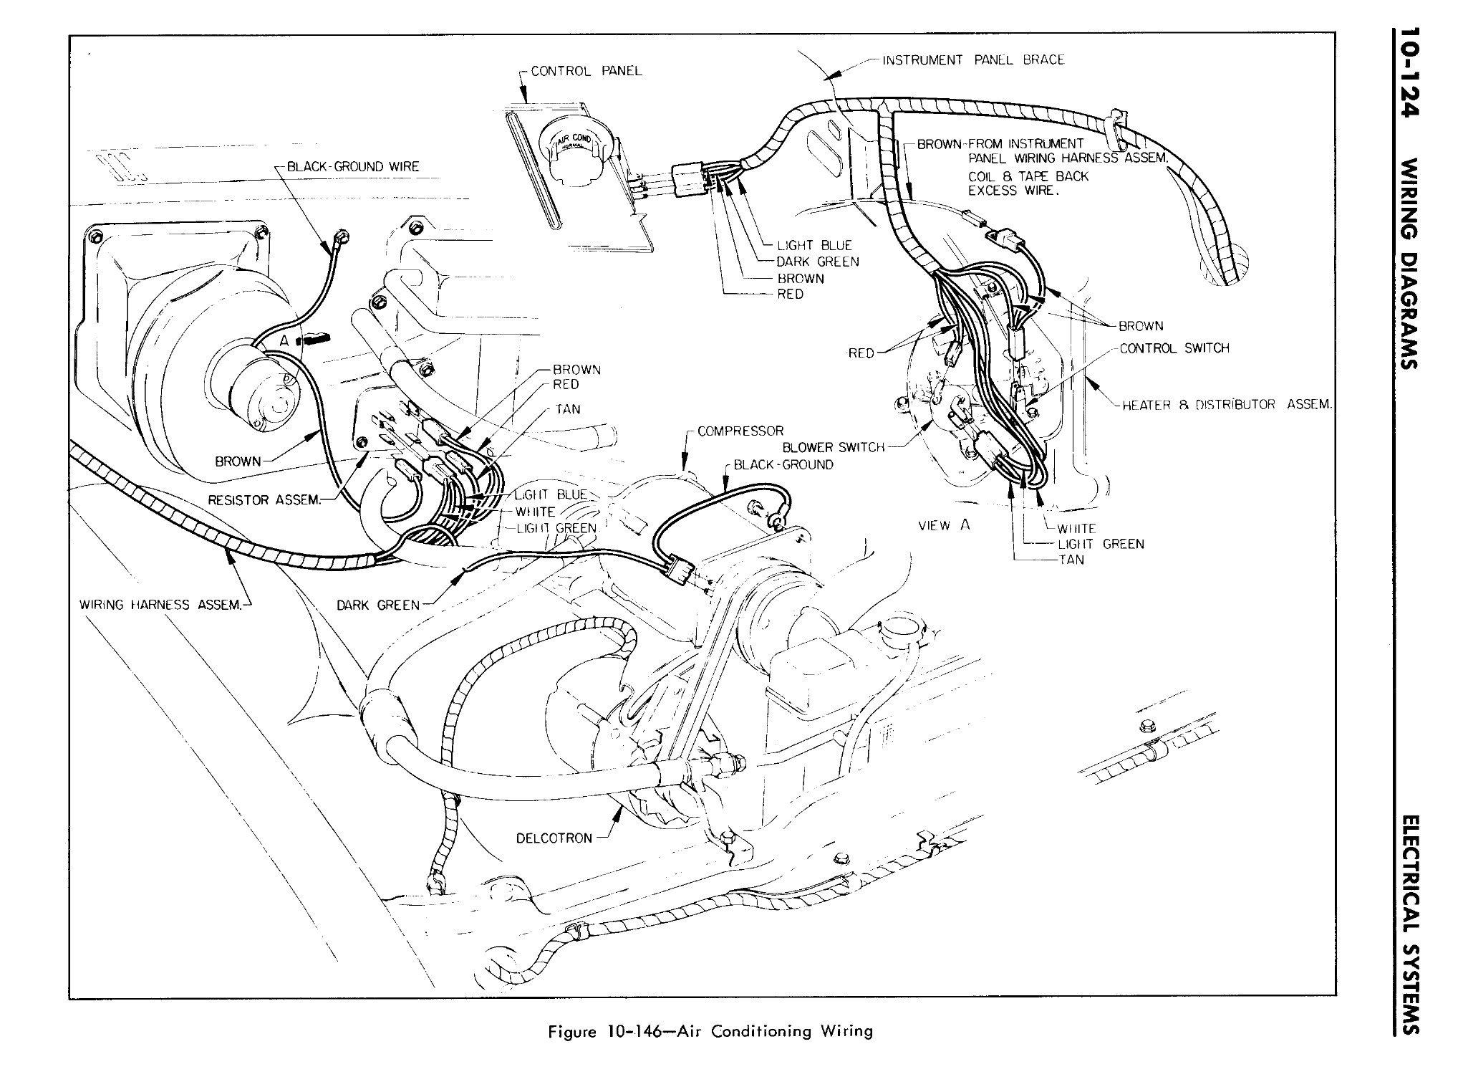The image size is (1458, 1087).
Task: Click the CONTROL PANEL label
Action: (586, 71)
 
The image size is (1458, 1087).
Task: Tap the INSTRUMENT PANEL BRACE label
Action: (972, 60)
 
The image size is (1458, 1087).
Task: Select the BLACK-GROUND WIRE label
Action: (352, 167)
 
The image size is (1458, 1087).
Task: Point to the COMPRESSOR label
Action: (740, 431)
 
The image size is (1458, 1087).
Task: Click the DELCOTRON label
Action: (554, 838)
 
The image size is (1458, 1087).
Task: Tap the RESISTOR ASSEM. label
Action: (264, 499)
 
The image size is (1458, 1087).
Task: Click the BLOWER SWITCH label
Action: (834, 447)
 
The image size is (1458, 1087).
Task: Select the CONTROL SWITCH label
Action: (1174, 348)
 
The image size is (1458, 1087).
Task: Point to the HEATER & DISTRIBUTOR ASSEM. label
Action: (1226, 405)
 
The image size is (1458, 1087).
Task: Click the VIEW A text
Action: (944, 525)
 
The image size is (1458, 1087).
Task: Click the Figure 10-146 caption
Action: (710, 1032)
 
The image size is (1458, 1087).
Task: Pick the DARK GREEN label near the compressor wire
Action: (377, 605)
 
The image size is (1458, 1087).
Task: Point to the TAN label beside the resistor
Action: (567, 409)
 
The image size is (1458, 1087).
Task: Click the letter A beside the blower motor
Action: (284, 341)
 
